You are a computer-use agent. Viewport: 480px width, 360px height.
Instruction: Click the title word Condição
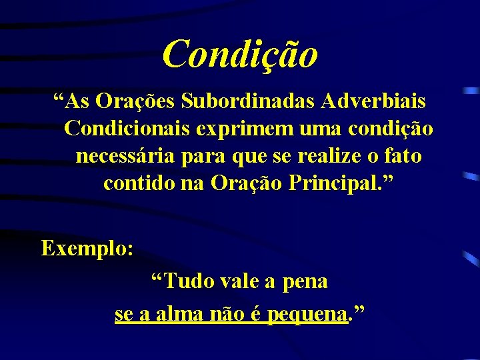click(x=240, y=53)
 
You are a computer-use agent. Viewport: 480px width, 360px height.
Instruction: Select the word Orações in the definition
click(x=137, y=102)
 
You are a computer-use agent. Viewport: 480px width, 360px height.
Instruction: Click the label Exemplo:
click(x=88, y=249)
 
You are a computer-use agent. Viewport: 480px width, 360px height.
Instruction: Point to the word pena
click(x=305, y=282)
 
